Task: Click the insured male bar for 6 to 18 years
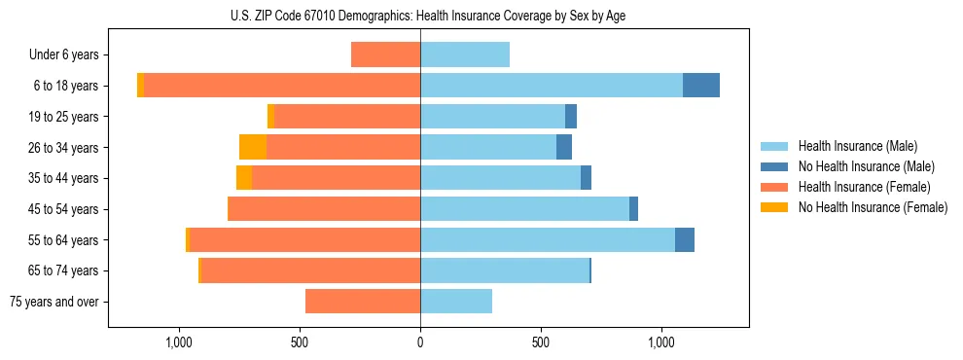(552, 86)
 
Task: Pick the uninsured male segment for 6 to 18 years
(701, 86)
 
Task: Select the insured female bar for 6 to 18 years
(282, 86)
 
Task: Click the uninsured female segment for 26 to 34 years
(253, 147)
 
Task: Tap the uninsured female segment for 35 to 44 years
(244, 178)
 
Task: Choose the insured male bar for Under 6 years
(465, 54)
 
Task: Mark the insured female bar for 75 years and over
(363, 302)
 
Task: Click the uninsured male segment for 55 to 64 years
(685, 239)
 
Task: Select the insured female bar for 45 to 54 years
(324, 209)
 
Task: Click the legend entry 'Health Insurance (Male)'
(857, 146)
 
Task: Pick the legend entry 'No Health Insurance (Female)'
(873, 207)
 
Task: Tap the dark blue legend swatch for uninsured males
(774, 166)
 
